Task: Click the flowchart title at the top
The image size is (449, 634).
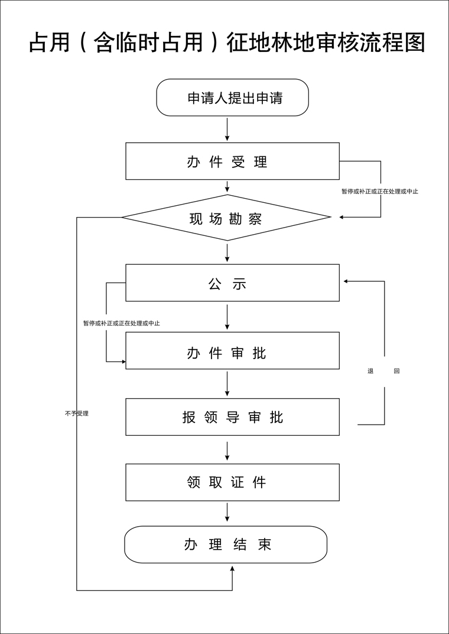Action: point(227,43)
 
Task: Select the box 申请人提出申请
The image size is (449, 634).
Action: point(232,98)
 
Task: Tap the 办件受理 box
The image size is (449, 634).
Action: point(232,161)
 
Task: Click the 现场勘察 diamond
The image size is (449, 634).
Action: point(226,218)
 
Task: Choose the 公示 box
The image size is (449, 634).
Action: point(232,283)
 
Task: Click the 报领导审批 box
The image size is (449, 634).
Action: point(232,417)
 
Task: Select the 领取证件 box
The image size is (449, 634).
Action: point(232,482)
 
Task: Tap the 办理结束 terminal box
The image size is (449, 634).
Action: point(226,544)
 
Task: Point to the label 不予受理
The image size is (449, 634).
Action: point(77,413)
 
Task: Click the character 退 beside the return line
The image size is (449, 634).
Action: point(370,371)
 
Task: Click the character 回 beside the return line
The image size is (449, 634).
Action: point(396,371)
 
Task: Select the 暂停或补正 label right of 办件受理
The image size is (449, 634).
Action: point(380,191)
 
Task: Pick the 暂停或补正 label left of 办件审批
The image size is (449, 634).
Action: point(122,323)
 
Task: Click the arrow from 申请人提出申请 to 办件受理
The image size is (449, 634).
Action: point(227,129)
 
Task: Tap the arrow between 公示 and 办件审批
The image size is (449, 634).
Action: point(227,317)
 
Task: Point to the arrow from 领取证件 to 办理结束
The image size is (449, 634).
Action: point(227,512)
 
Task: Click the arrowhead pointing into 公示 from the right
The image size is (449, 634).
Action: point(346,281)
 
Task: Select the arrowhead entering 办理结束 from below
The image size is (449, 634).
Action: point(232,569)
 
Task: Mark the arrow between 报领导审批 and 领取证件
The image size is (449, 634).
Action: point(227,450)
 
